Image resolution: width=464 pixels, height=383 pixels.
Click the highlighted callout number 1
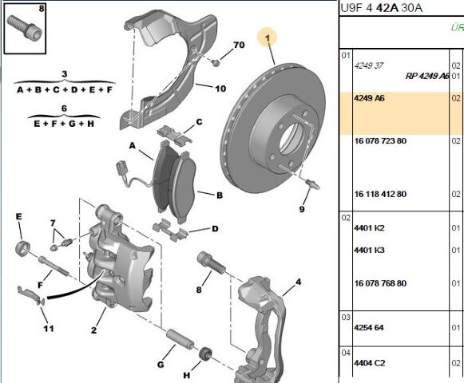click(x=268, y=38)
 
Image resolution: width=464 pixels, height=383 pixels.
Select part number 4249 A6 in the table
click(x=369, y=98)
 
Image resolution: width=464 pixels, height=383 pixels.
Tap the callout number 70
click(x=239, y=45)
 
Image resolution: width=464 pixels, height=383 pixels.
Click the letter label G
click(x=161, y=365)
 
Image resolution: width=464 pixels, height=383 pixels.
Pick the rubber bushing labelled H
click(x=206, y=353)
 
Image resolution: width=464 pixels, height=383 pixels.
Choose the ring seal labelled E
click(x=22, y=247)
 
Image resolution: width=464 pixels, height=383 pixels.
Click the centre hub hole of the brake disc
click(x=292, y=138)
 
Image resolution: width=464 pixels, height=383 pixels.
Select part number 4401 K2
click(x=369, y=228)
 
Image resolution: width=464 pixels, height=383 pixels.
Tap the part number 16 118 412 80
click(x=380, y=194)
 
